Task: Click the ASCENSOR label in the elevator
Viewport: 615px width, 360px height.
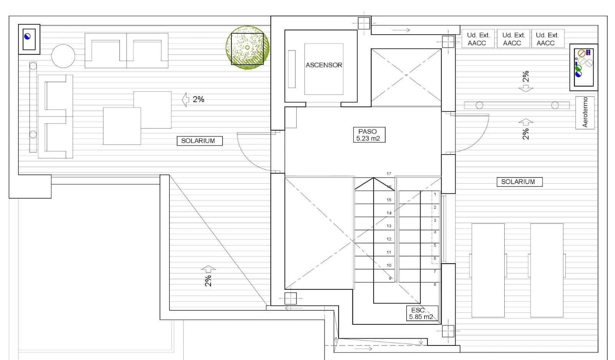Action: tap(324, 65)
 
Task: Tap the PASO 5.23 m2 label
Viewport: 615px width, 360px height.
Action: tap(368, 135)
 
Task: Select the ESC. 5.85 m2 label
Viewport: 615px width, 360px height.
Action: tap(421, 314)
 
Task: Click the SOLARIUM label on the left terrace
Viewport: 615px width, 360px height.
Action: tap(198, 141)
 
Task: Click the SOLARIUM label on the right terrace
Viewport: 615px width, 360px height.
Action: tap(518, 182)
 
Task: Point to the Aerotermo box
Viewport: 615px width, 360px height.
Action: tap(585, 112)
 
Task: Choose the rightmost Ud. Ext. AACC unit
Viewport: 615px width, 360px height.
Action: tap(547, 39)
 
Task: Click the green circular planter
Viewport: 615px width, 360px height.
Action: tap(247, 48)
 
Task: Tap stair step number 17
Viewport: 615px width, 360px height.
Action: tap(389, 174)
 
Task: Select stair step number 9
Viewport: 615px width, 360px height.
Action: tap(390, 278)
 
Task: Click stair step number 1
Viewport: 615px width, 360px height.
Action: tap(435, 194)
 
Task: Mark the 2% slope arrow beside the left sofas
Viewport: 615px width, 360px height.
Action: tap(186, 100)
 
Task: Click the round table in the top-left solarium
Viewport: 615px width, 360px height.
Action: tap(63, 56)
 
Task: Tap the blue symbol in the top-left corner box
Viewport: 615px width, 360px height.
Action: tap(27, 37)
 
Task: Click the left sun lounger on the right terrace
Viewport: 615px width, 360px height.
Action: tap(488, 270)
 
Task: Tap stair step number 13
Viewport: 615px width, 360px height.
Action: tap(389, 226)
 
